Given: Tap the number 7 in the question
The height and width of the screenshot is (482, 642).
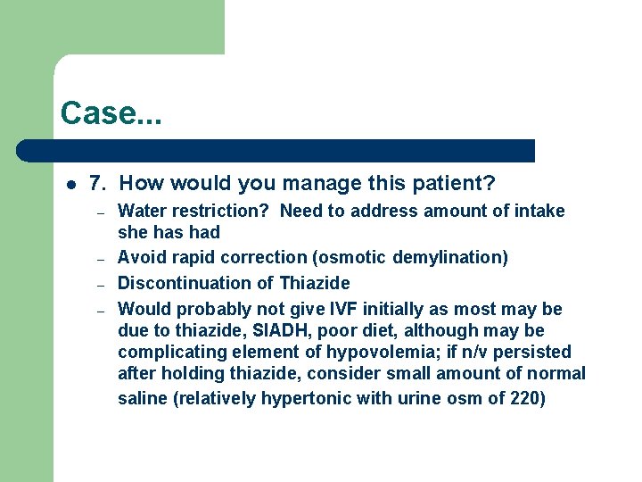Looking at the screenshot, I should coord(98,184).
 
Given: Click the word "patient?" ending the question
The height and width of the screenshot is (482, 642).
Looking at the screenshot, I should coord(455,184).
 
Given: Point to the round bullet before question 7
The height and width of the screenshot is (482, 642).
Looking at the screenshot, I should coord(70,185).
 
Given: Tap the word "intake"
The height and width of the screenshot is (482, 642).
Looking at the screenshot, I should coord(540,212).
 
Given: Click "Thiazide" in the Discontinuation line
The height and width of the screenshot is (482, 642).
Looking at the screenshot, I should coord(315,284).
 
